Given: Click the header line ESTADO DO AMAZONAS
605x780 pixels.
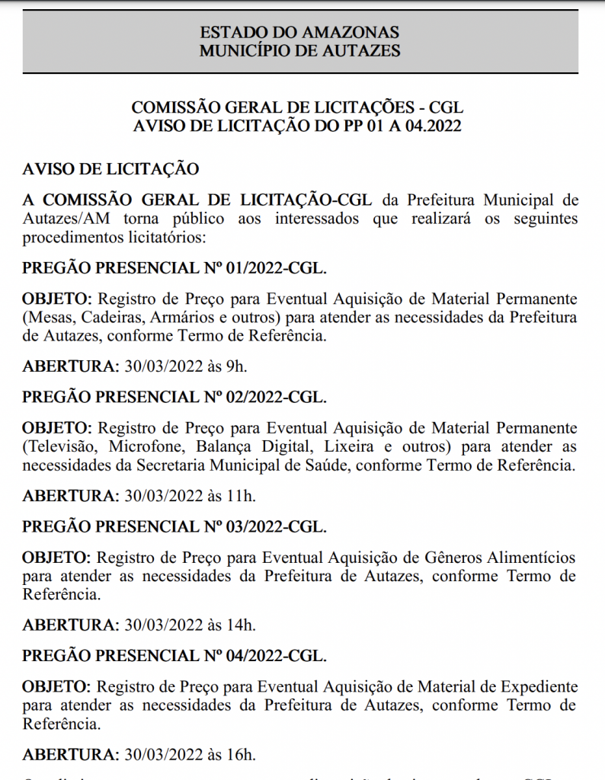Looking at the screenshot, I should (299, 34).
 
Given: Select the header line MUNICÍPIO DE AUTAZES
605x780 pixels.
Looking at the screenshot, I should (299, 51).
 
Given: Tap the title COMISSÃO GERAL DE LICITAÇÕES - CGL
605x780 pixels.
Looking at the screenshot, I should (297, 107).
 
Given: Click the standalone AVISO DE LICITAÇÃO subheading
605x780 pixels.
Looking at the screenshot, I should (111, 168).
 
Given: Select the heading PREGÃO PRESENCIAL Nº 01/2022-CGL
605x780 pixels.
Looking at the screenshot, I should (174, 268).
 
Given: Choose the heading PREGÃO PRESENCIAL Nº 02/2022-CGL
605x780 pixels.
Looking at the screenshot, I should (174, 398).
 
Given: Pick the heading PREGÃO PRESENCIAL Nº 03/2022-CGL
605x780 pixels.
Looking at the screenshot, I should (174, 527).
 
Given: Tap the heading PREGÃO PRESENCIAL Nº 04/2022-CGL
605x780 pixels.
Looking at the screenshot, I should (174, 657).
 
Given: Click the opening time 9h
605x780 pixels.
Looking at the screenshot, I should (236, 366).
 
